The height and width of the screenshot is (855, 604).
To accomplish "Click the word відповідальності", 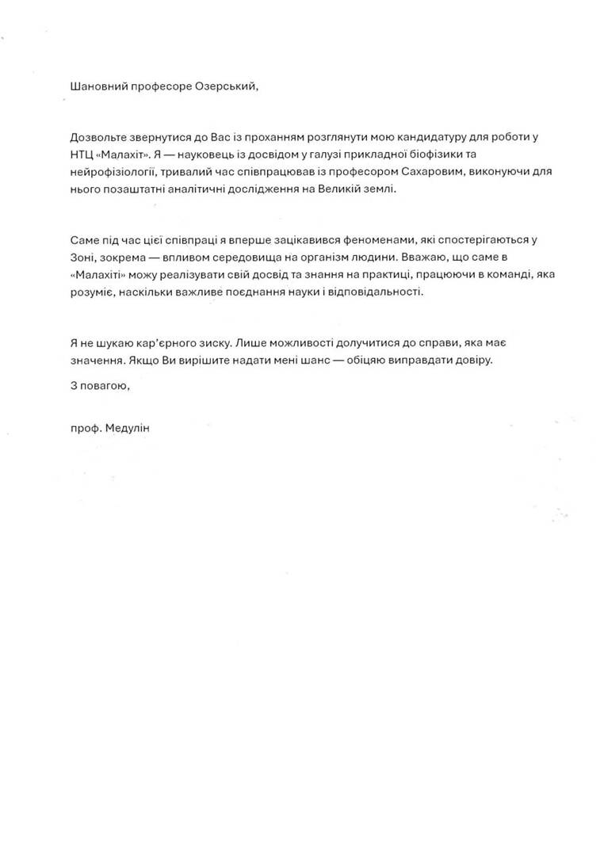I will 375,292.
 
